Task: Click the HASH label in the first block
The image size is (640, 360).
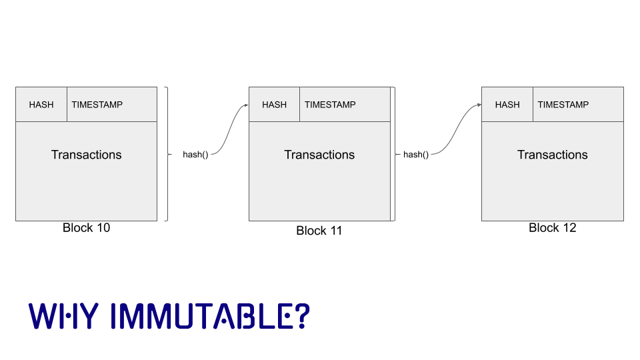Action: pos(41,105)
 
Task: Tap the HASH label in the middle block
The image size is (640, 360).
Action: pos(274,105)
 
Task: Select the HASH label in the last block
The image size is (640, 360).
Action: pos(507,105)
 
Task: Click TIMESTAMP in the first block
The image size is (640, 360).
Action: pos(97,105)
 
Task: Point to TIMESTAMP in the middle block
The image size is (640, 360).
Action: pos(330,105)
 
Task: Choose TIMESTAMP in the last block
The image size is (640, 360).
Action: pos(563,105)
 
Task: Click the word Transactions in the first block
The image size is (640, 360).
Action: pos(87,155)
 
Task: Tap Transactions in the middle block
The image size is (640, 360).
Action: pos(319,155)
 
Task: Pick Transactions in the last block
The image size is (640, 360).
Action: pos(553,155)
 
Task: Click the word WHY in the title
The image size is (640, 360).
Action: pos(63,317)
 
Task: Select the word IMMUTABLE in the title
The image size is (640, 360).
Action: pos(200,317)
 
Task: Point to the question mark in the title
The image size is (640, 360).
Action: pos(302,317)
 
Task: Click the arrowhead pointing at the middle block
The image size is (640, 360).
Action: pos(246,105)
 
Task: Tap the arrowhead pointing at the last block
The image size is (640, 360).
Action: pos(479,105)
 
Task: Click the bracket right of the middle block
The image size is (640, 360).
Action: pos(395,154)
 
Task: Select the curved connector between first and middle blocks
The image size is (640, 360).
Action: pos(229,130)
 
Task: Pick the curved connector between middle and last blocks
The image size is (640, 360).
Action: pos(460,130)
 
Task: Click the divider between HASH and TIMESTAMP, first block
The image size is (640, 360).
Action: pos(67,105)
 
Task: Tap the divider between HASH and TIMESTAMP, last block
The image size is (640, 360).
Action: pos(533,105)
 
